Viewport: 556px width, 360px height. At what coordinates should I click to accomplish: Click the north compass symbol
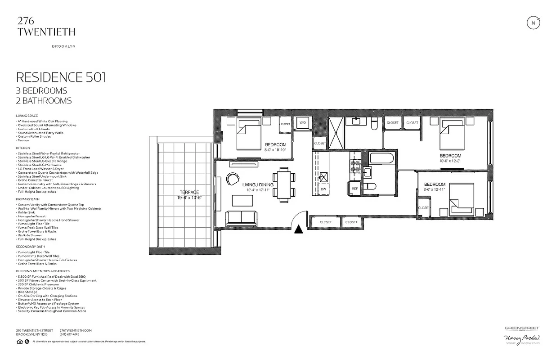click(534, 23)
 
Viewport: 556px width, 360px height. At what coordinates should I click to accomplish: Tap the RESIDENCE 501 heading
click(61, 77)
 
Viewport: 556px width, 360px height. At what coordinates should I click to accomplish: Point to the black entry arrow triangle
click(298, 229)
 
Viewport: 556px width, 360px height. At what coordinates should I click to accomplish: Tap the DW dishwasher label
click(323, 189)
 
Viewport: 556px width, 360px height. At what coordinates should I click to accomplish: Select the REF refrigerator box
click(354, 189)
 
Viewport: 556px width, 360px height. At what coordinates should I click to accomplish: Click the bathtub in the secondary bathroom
click(381, 158)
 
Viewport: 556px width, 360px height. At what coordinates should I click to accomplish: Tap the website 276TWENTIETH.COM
click(76, 330)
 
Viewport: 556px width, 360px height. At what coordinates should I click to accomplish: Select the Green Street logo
click(521, 329)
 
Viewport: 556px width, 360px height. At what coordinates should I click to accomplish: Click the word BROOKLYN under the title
click(63, 46)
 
